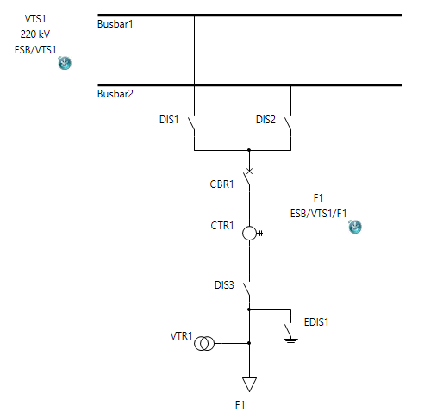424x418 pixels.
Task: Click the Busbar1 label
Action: (x=115, y=24)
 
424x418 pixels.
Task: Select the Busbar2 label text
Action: (x=115, y=94)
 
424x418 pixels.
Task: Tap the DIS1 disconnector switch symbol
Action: (x=191, y=124)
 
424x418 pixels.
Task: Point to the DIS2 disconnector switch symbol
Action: (x=288, y=124)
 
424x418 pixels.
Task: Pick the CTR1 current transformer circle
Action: (x=249, y=233)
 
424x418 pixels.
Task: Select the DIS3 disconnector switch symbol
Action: (x=246, y=290)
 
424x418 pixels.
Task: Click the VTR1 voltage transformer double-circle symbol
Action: (x=204, y=344)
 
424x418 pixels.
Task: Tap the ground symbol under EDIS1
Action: (x=290, y=341)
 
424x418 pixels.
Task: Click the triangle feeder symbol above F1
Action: (x=249, y=384)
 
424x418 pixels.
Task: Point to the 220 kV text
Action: (x=35, y=34)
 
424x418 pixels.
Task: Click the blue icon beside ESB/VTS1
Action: (x=65, y=63)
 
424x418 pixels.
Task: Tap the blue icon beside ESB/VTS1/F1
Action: (x=355, y=227)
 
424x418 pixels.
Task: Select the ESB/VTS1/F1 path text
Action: (x=318, y=214)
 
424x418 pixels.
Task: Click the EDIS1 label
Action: (x=316, y=322)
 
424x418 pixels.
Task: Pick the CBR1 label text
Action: (x=221, y=184)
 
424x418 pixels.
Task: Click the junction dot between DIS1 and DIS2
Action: (x=249, y=150)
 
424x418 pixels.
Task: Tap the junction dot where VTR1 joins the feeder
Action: (x=249, y=343)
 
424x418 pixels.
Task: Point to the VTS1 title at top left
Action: (x=35, y=19)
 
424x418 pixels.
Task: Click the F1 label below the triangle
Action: (x=240, y=405)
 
